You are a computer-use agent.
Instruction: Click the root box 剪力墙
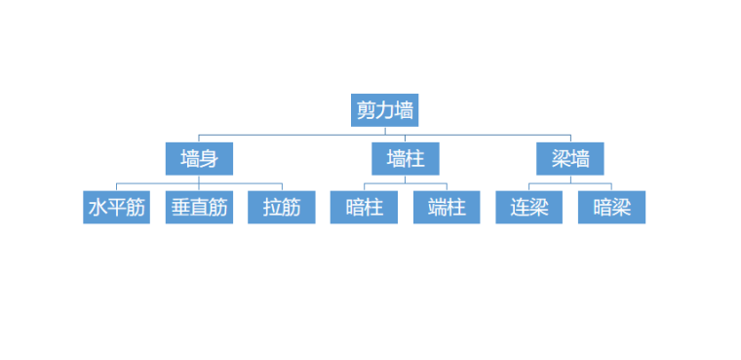click(x=384, y=110)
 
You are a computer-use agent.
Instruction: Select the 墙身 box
click(x=199, y=158)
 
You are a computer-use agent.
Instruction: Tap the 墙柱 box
click(x=405, y=158)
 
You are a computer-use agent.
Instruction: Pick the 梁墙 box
click(x=570, y=158)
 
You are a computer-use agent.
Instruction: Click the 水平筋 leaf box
click(x=116, y=207)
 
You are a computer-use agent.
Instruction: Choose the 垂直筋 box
click(x=199, y=207)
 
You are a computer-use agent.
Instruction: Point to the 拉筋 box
click(x=282, y=207)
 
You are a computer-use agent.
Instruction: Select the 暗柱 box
click(x=364, y=207)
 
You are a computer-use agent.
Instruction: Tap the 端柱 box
click(x=447, y=207)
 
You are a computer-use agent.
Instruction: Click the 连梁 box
click(x=529, y=207)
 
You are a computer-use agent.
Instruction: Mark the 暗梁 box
click(x=611, y=207)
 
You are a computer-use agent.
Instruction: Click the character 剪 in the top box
click(x=367, y=110)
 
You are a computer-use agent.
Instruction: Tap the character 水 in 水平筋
click(x=97, y=207)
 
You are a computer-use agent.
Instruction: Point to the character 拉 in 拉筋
click(x=272, y=207)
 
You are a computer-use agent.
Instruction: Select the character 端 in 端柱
click(x=437, y=207)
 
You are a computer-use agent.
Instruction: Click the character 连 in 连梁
click(x=520, y=207)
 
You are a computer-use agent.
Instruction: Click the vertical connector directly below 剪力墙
click(x=384, y=131)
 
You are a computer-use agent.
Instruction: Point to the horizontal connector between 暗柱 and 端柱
click(x=405, y=183)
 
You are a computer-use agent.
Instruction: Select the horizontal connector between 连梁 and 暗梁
click(x=570, y=183)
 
